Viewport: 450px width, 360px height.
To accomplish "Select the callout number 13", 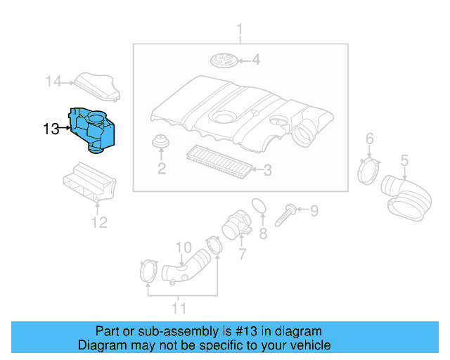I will pos(51,129).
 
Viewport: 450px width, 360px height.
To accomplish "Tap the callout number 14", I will pos(54,82).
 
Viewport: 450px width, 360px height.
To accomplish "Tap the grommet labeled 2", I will pos(161,143).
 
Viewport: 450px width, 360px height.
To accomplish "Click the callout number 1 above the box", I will pos(240,30).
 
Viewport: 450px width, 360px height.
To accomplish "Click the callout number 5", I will pos(404,160).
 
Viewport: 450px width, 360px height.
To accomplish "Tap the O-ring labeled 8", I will pos(259,205).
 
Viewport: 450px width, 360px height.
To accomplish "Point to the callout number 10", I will pos(183,247).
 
